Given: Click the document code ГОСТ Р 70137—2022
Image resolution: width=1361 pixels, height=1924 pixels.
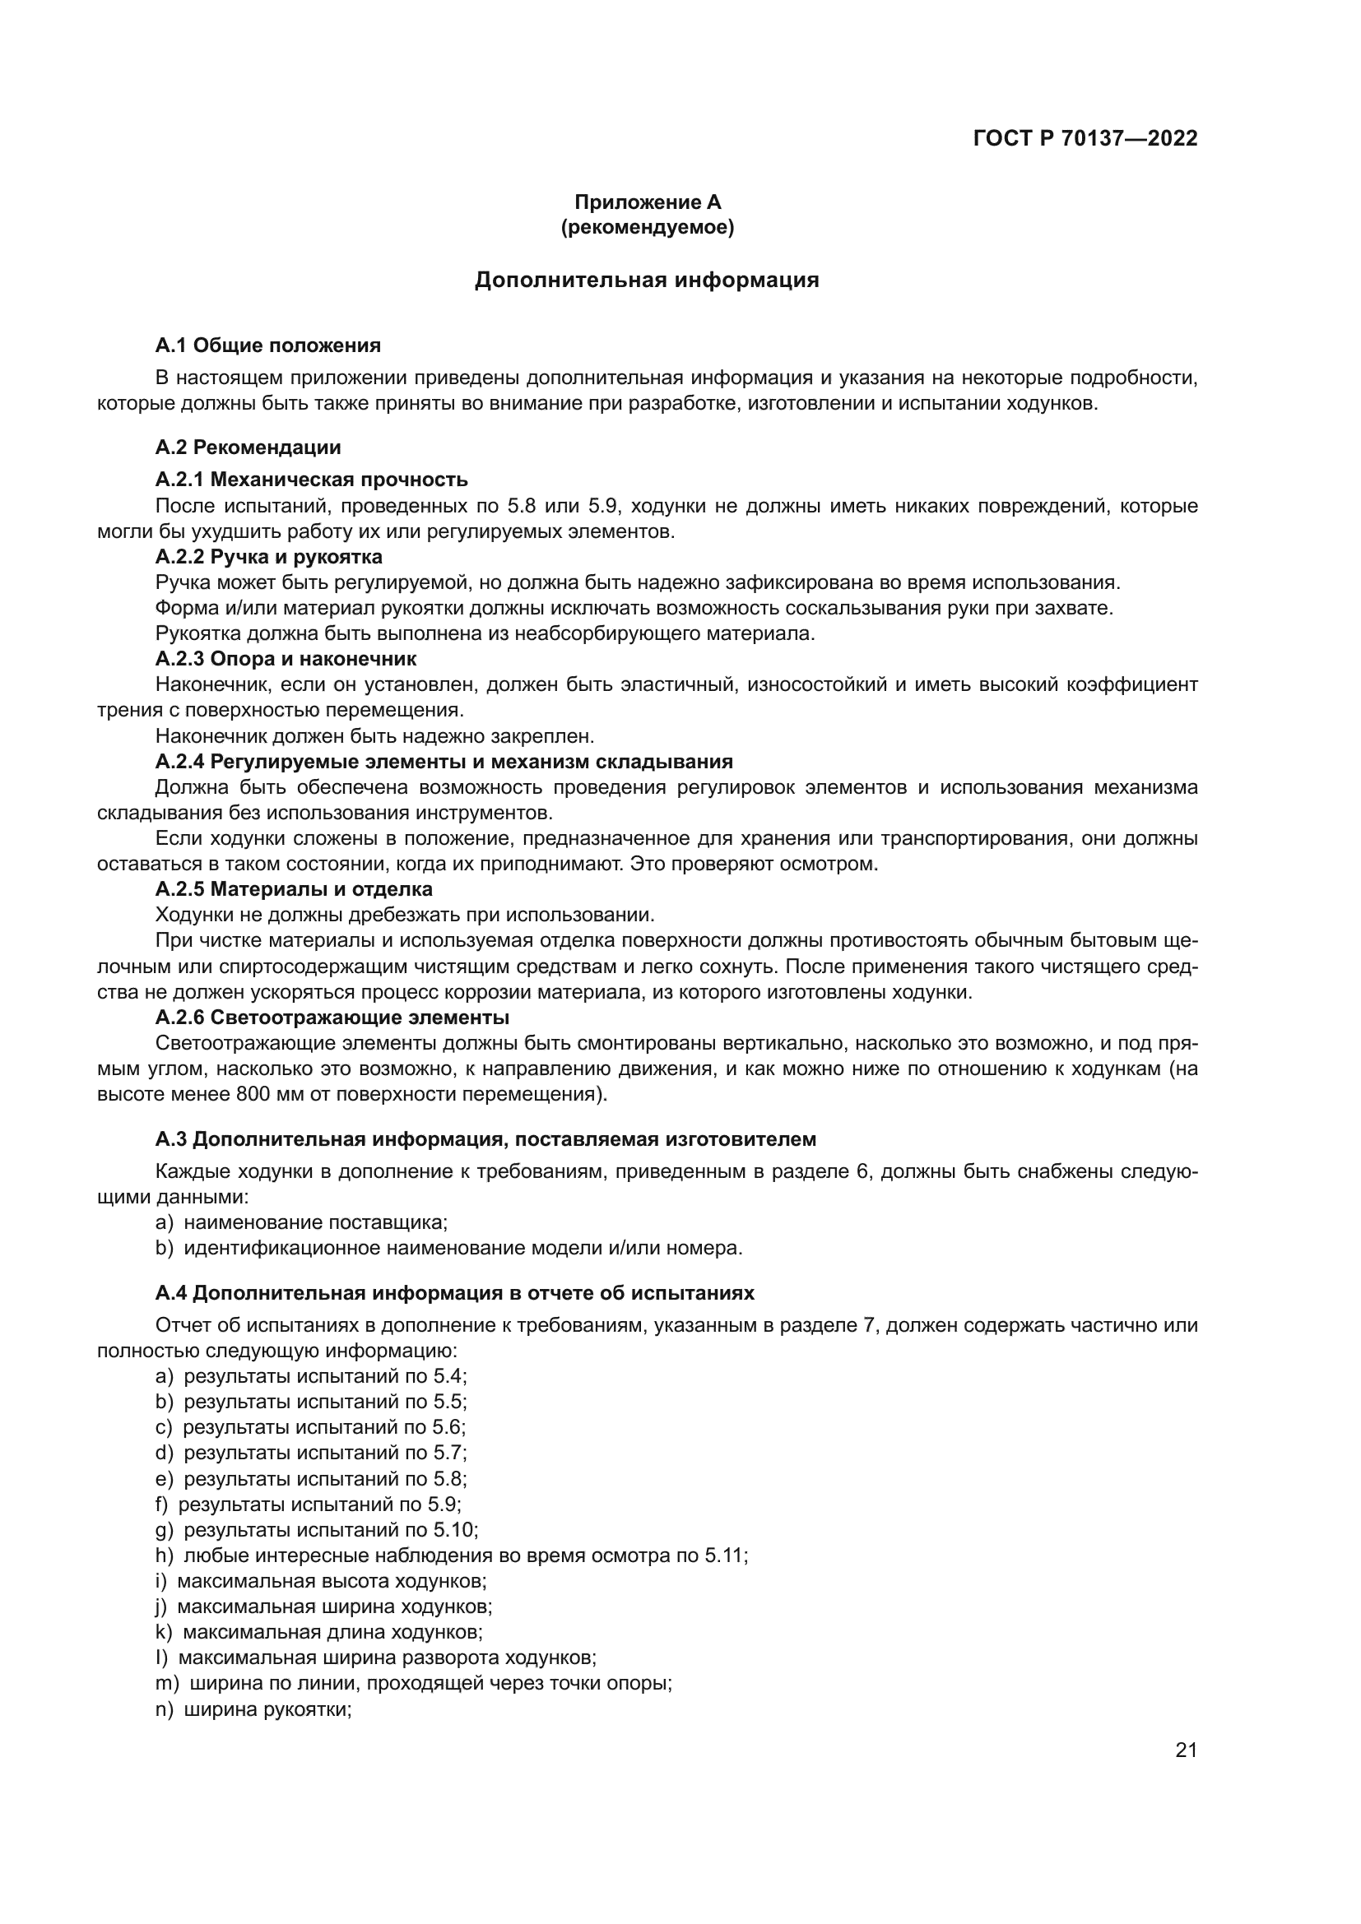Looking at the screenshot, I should coord(1085,139).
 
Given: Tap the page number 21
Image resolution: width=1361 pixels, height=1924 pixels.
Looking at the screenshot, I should coord(1186,1750).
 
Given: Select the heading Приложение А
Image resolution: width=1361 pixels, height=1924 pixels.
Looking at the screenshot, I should coord(647,202).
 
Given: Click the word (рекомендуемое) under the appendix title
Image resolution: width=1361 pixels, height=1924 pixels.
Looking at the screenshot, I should coord(647,227).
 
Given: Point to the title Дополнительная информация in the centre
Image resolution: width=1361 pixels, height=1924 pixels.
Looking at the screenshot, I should coord(647,280).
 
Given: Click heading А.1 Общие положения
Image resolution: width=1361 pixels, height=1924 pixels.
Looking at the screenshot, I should coord(268,345).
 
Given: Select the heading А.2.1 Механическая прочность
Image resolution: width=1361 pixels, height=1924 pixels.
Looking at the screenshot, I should coord(312,480).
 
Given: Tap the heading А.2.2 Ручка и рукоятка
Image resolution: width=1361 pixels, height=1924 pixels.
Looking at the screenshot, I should coord(269,556).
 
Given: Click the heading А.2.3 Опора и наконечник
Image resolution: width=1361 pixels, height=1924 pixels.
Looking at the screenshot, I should coord(286,659).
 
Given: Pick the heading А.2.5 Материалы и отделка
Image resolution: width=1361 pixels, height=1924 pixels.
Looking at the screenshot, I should coord(294,888).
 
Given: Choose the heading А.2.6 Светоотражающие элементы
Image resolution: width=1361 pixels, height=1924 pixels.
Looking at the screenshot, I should coord(332,1018).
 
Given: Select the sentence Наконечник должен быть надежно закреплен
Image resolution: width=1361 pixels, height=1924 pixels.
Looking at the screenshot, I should coord(374,735).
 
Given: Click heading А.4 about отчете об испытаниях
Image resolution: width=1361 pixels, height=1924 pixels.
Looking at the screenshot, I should coord(455,1293).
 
